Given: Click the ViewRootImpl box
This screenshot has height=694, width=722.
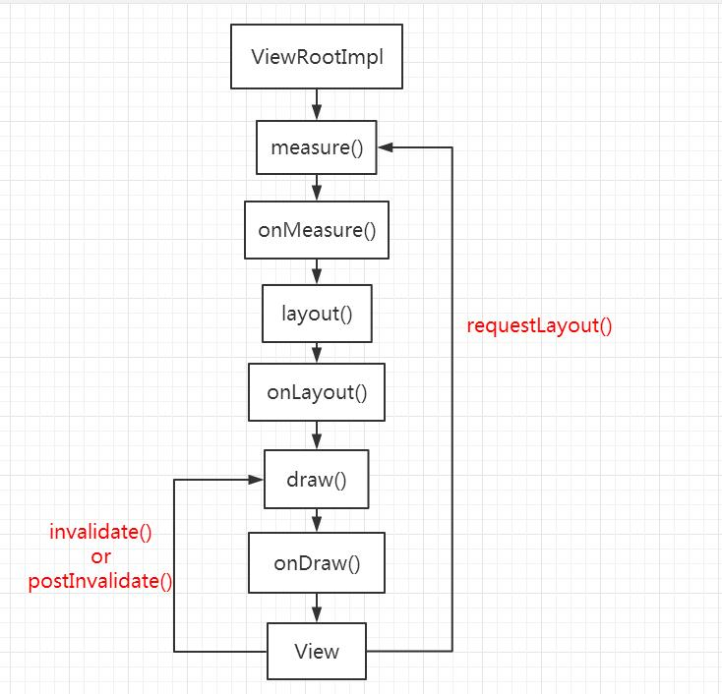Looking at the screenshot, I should point(317,57).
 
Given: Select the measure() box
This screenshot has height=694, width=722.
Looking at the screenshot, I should point(317,147).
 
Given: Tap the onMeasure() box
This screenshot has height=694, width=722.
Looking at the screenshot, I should point(317,230).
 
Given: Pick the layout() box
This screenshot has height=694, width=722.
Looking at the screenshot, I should point(317,314).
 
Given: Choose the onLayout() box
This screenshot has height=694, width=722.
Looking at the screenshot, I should point(317,392).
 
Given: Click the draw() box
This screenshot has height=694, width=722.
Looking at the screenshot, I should point(317,480).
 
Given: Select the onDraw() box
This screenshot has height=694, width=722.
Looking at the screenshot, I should point(317,563).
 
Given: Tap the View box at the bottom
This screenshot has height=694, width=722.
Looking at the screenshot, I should point(317,651).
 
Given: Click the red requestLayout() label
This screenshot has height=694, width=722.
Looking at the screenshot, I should point(539,325).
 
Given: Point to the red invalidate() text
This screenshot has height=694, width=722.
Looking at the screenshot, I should point(101,533).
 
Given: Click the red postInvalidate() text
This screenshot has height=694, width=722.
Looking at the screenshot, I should point(101,580).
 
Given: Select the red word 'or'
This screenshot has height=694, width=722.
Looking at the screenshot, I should point(101,556).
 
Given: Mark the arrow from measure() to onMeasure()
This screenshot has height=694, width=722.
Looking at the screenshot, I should point(317,188).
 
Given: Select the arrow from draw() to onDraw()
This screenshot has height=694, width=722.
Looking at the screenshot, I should point(317,521).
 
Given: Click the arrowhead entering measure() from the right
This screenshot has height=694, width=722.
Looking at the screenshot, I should point(386,147).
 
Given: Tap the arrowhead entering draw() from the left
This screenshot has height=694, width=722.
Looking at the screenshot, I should point(256,480).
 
